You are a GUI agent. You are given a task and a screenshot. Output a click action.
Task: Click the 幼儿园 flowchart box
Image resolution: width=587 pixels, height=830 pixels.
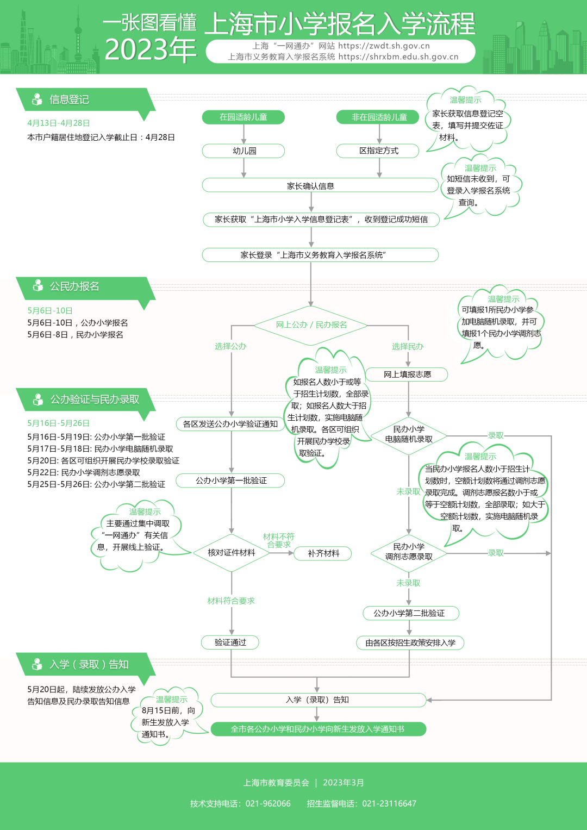pyautogui.click(x=243, y=151)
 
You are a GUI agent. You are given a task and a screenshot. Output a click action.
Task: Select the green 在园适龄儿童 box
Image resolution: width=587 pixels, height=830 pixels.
pyautogui.click(x=243, y=117)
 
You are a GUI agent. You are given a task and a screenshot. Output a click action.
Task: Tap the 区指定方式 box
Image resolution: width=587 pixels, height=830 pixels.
pyautogui.click(x=378, y=151)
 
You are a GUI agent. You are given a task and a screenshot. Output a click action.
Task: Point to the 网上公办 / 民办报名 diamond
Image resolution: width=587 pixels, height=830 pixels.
pyautogui.click(x=311, y=324)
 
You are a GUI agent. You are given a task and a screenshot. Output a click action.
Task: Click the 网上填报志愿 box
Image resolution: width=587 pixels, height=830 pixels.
pyautogui.click(x=407, y=374)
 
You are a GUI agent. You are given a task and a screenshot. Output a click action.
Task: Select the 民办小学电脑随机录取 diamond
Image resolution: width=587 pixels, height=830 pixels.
pyautogui.click(x=409, y=434)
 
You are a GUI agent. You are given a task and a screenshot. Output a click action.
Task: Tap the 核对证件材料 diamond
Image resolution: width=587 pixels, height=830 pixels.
pyautogui.click(x=231, y=553)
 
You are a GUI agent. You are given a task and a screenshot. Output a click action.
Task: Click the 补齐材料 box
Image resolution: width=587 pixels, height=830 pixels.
pyautogui.click(x=323, y=553)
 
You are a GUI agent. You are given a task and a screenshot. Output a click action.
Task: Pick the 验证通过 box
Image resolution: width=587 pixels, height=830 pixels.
pyautogui.click(x=230, y=642)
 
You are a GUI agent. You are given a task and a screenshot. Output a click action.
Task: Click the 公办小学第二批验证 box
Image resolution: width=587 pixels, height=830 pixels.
pyautogui.click(x=410, y=613)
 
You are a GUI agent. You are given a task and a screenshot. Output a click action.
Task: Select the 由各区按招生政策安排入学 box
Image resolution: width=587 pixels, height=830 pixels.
pyautogui.click(x=410, y=643)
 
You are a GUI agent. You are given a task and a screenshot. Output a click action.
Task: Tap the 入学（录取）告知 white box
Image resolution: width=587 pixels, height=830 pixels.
pyautogui.click(x=318, y=700)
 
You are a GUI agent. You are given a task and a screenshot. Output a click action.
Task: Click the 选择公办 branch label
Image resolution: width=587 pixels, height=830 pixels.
pyautogui.click(x=230, y=346)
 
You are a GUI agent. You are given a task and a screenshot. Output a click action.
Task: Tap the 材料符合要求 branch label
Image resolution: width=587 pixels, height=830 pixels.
pyautogui.click(x=231, y=601)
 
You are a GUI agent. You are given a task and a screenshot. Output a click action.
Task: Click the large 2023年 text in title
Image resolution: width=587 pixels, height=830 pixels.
pyautogui.click(x=150, y=50)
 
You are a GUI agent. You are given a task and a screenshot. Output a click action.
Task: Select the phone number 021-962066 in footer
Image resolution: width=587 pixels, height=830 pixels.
pyautogui.click(x=268, y=803)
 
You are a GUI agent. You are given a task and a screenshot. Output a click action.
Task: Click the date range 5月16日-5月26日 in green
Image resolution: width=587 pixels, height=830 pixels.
pyautogui.click(x=58, y=423)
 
